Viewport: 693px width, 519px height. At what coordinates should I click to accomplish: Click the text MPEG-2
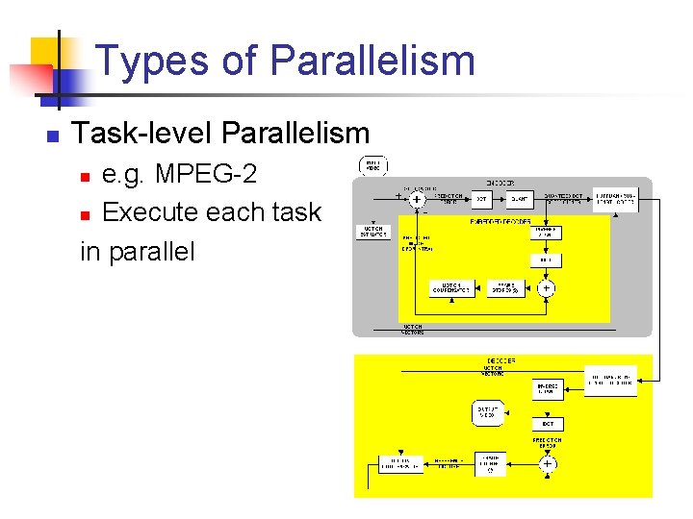206,176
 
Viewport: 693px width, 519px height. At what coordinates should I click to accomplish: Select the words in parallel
138,251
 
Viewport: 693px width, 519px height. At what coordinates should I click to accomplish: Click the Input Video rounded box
373,165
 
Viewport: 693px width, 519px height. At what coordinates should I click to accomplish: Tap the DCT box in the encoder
481,199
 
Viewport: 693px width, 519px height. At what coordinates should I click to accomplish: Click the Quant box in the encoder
519,199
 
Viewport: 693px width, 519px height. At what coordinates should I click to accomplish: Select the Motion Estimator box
373,232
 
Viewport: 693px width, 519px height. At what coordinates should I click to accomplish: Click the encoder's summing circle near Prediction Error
417,199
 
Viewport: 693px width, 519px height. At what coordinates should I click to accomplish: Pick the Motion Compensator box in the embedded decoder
451,288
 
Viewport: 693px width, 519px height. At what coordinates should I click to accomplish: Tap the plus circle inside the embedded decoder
546,287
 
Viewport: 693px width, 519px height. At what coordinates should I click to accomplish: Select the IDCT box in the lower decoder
547,424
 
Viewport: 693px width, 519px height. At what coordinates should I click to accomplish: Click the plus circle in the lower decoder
547,463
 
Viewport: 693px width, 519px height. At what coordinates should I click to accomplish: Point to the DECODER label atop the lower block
501,360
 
